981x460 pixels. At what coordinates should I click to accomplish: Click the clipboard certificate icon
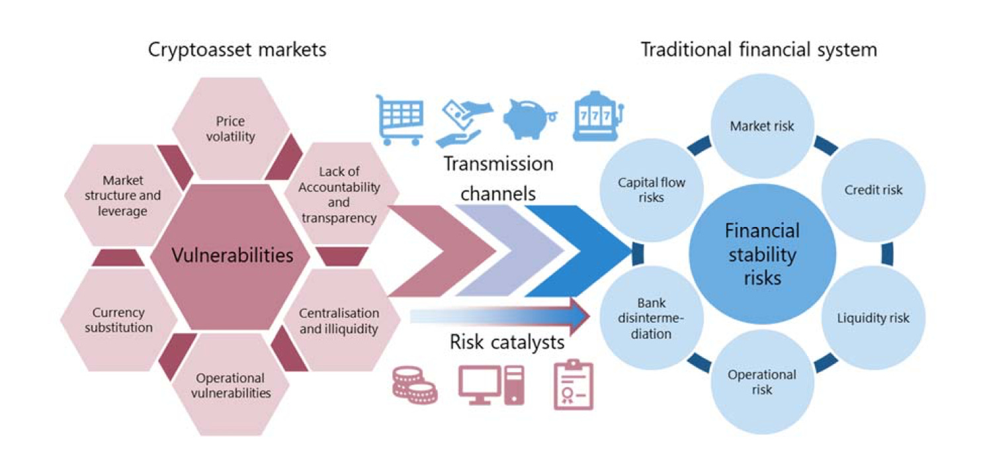click(573, 385)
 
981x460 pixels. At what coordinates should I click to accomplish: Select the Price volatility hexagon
click(230, 129)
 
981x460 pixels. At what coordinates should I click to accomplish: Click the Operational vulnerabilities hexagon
click(230, 385)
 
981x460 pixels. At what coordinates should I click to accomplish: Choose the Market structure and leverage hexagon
click(122, 195)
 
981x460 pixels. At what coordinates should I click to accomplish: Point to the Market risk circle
click(762, 125)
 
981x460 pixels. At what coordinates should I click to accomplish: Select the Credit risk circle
click(873, 190)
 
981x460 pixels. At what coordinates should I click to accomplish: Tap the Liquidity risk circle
click(873, 318)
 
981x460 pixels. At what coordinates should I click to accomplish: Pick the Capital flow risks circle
click(651, 190)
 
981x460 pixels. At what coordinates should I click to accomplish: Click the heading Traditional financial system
click(759, 50)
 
